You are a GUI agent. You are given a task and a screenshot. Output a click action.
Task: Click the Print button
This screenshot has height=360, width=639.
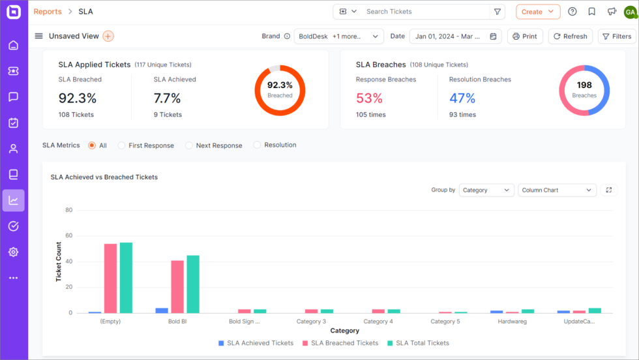(x=525, y=37)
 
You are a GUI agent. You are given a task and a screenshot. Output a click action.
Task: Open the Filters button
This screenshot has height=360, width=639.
(x=617, y=37)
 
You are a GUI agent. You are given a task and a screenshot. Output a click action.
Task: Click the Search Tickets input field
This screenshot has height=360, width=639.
(x=424, y=12)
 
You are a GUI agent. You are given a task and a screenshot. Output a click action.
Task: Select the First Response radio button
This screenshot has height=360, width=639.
(x=121, y=145)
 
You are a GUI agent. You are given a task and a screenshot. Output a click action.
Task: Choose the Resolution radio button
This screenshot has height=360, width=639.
(x=257, y=145)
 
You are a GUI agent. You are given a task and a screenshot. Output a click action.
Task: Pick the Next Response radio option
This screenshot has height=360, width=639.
(x=189, y=145)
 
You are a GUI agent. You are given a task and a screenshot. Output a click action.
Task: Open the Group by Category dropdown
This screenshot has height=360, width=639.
(x=486, y=190)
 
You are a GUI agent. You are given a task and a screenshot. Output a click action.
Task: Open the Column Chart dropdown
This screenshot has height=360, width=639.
(x=557, y=190)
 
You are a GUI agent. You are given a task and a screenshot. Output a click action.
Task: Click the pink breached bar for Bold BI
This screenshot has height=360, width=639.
(x=177, y=287)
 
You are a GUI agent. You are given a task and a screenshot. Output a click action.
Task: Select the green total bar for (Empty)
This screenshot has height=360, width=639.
(x=126, y=278)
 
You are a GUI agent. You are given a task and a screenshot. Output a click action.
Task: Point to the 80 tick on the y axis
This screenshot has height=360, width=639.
(x=68, y=210)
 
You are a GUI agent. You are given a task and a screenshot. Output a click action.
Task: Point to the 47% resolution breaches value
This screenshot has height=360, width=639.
(x=462, y=98)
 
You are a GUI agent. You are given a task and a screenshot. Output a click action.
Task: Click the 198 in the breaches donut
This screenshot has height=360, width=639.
(x=584, y=85)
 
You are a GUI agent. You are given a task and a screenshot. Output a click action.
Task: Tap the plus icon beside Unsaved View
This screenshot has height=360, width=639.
(x=108, y=37)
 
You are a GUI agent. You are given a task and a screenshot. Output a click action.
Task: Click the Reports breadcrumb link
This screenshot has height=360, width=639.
(x=48, y=12)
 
